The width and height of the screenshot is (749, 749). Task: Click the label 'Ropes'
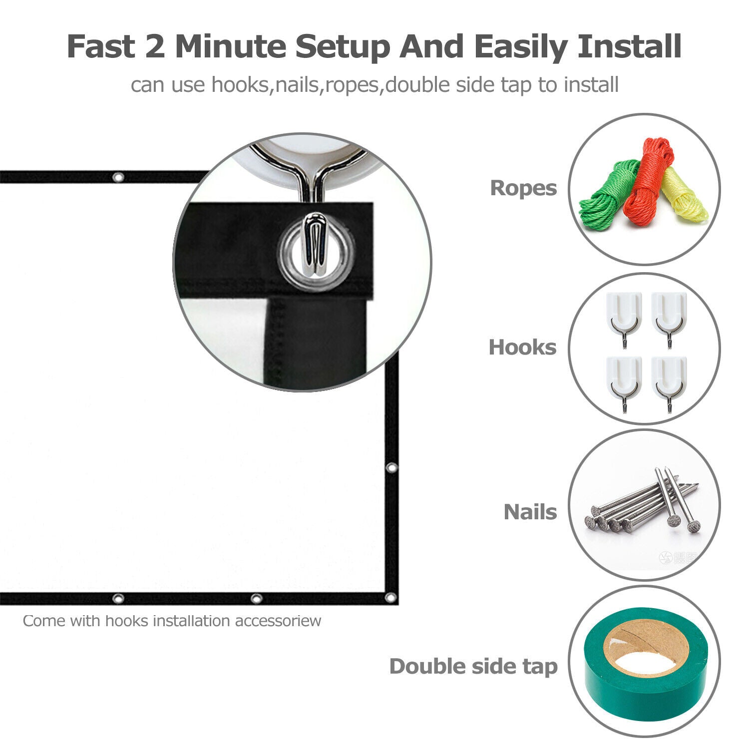[523, 188]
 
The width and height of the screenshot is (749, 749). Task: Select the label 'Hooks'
[522, 348]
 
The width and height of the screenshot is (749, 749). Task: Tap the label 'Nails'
[530, 512]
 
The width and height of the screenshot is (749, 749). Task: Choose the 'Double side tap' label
[473, 667]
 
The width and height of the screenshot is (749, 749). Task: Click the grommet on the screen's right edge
[391, 468]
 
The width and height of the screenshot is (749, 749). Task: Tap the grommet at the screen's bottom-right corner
[390, 598]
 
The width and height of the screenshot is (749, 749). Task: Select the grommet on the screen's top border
[118, 177]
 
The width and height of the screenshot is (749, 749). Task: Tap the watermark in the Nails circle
[679, 558]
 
